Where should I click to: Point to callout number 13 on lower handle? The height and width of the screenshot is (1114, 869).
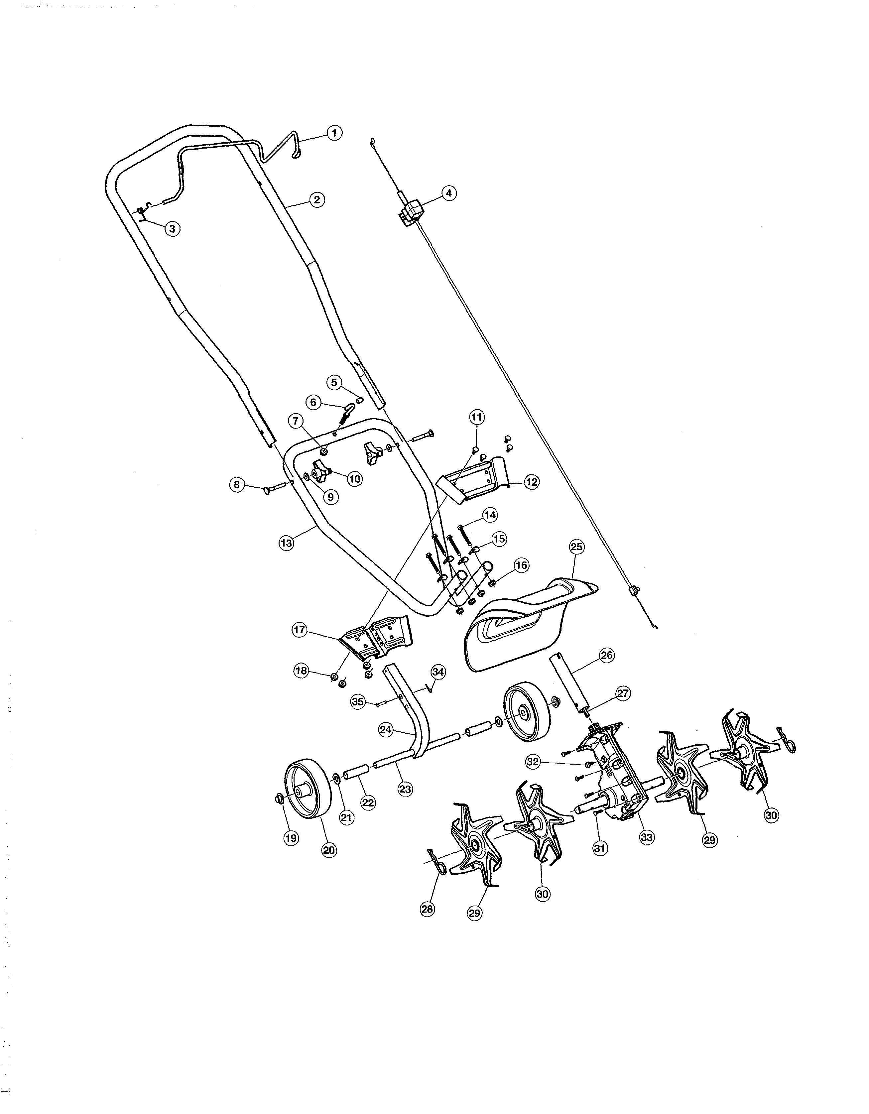click(x=287, y=543)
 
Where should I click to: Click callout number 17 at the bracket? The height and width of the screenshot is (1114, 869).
click(x=299, y=630)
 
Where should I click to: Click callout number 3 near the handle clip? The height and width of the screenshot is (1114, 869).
click(x=173, y=229)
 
